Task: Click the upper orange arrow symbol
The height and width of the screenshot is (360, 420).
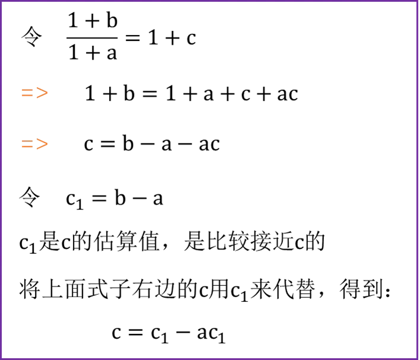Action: (x=34, y=93)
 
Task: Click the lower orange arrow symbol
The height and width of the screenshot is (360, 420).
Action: (x=34, y=144)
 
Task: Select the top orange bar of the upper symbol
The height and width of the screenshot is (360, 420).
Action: (x=27, y=90)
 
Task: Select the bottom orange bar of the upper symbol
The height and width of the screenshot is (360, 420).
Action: (x=27, y=95)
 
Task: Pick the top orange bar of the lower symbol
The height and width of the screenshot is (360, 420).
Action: (x=27, y=142)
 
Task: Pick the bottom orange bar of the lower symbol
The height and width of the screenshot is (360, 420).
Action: (x=27, y=147)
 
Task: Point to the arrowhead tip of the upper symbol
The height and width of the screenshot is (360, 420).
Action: (x=47, y=93)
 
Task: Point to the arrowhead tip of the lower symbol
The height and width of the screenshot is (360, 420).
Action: (x=47, y=144)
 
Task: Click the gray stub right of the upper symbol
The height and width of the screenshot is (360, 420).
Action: (x=50, y=93)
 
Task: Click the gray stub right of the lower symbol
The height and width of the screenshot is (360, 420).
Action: (x=50, y=144)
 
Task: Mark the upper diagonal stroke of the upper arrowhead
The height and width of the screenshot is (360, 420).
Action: (x=42, y=89)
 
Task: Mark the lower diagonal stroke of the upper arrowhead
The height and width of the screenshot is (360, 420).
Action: (x=42, y=96)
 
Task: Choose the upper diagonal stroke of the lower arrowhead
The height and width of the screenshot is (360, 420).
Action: (x=42, y=141)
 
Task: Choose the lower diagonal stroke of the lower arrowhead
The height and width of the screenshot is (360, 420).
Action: (x=42, y=148)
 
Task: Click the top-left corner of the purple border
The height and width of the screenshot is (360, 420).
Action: (x=2, y=2)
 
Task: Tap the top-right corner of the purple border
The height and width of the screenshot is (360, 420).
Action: (x=418, y=2)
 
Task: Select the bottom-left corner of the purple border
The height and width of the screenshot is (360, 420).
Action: (x=2, y=358)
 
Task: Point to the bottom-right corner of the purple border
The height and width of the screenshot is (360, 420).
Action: (x=418, y=358)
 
